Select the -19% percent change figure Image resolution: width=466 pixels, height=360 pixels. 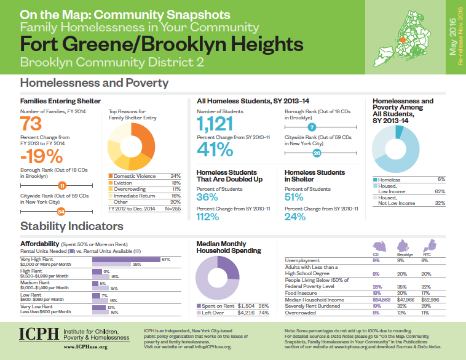[40, 156]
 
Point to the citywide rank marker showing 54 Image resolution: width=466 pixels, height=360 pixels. [61, 212]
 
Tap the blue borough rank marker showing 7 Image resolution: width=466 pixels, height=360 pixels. [312, 127]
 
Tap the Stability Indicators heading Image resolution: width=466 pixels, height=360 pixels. [72, 227]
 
